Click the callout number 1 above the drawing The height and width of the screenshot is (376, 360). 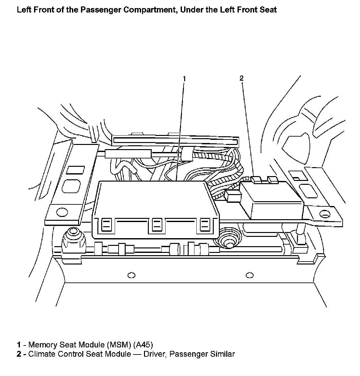(184, 78)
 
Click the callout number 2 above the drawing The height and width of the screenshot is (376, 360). (241, 78)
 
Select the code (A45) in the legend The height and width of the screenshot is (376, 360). (143, 345)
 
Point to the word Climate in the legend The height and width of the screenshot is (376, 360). (41, 354)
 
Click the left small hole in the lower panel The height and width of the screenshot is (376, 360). (131, 275)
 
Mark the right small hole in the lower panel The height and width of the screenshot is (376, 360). (249, 275)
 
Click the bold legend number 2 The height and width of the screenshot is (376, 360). (19, 354)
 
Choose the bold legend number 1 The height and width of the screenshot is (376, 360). (19, 345)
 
